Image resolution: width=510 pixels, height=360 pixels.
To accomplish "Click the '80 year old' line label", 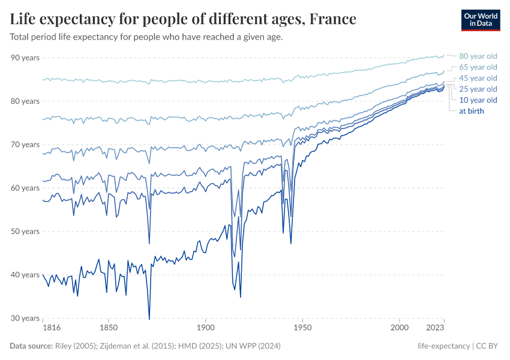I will click(x=478, y=56).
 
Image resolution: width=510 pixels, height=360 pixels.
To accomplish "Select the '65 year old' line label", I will click(x=478, y=67).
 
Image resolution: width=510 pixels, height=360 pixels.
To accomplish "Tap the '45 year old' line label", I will click(x=478, y=78).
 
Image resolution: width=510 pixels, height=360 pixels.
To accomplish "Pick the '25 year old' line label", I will click(x=478, y=89).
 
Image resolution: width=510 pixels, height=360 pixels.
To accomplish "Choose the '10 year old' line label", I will click(x=478, y=100).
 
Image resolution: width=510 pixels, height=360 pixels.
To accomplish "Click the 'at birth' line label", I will click(x=471, y=110).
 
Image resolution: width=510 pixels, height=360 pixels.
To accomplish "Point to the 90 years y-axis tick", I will click(x=25, y=58).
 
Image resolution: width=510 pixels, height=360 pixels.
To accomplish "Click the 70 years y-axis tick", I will click(x=25, y=145).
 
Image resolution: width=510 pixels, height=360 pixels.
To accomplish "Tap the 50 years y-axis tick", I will click(x=25, y=232).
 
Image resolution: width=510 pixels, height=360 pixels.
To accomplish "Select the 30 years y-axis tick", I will click(x=25, y=318).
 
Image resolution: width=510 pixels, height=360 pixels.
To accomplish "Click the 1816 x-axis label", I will click(x=51, y=329).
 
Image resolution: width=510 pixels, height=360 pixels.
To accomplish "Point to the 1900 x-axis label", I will click(x=205, y=329).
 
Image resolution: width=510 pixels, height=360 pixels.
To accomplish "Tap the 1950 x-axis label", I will click(x=302, y=329).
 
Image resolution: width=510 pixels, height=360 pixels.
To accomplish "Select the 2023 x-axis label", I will click(x=436, y=329).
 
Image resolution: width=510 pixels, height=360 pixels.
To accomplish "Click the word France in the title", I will click(x=332, y=20).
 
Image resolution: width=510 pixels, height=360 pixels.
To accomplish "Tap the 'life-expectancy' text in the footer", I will click(x=443, y=346).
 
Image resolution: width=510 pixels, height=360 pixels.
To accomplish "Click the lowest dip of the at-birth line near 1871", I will click(x=149, y=319).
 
